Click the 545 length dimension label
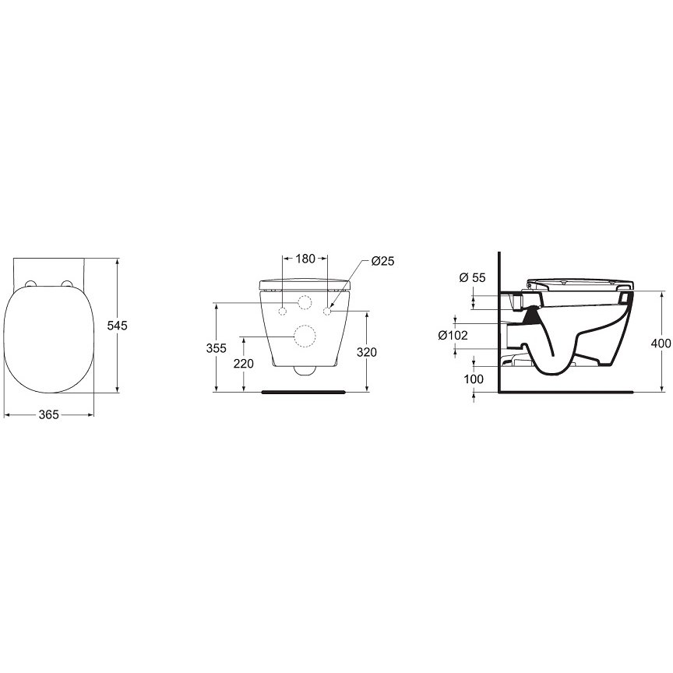117,326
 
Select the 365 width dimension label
48,415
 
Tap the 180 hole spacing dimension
305,259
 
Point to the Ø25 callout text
383,261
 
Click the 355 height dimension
216,348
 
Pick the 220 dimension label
243,364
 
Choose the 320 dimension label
367,352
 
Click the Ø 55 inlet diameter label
472,278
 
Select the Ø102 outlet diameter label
453,335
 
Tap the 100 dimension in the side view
474,379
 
